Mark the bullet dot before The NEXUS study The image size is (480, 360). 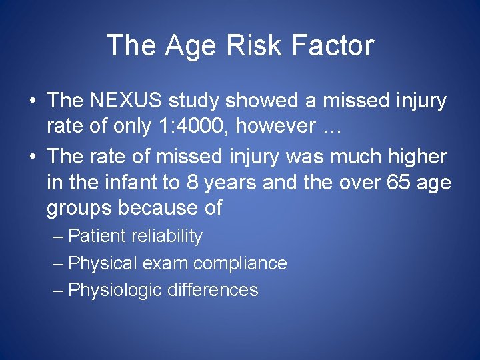[x=32, y=101]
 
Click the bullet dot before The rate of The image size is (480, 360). [x=32, y=156]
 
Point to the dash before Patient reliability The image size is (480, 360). [x=58, y=236]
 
